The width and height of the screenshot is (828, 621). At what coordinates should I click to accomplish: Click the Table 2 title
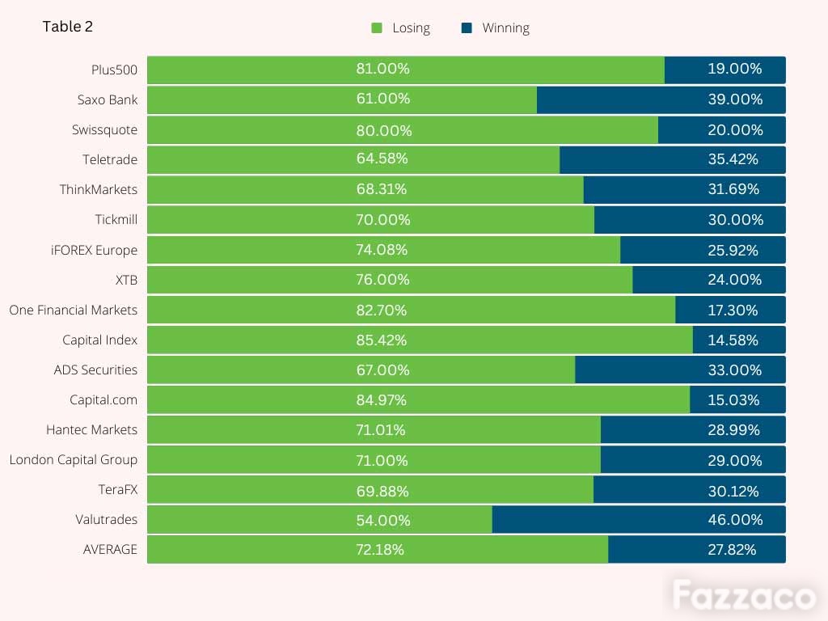(x=68, y=27)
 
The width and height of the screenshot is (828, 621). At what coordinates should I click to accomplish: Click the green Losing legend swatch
(x=377, y=28)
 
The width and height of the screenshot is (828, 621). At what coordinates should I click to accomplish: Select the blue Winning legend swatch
(x=467, y=28)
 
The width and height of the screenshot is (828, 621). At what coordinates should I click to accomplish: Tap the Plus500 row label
(x=114, y=70)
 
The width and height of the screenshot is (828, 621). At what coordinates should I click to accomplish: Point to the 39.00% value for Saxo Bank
(x=735, y=99)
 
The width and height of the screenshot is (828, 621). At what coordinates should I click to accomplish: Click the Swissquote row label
(x=104, y=130)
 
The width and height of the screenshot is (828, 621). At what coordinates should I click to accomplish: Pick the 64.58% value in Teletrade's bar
(x=382, y=158)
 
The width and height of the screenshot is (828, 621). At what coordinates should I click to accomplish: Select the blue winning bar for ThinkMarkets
(x=684, y=189)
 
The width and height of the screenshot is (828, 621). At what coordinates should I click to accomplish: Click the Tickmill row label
(x=116, y=220)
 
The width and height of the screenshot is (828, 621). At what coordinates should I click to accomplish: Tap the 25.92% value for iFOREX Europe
(x=733, y=251)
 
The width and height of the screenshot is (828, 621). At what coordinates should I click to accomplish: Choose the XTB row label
(x=127, y=280)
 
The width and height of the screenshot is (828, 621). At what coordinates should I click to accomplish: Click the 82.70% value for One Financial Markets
(x=382, y=310)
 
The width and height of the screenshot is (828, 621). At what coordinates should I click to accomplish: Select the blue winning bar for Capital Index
(x=739, y=340)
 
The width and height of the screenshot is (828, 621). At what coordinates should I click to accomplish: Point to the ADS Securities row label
(x=95, y=370)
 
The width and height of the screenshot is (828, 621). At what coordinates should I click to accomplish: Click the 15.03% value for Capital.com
(x=733, y=399)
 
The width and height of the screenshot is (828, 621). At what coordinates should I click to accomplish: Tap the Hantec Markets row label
(x=92, y=430)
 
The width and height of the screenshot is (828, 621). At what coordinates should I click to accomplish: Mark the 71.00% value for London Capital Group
(x=382, y=460)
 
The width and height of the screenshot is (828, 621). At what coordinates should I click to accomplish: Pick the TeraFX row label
(x=118, y=489)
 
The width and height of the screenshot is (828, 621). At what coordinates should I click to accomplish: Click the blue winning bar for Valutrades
(x=639, y=520)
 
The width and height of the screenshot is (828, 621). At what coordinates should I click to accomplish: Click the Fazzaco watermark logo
(x=744, y=595)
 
